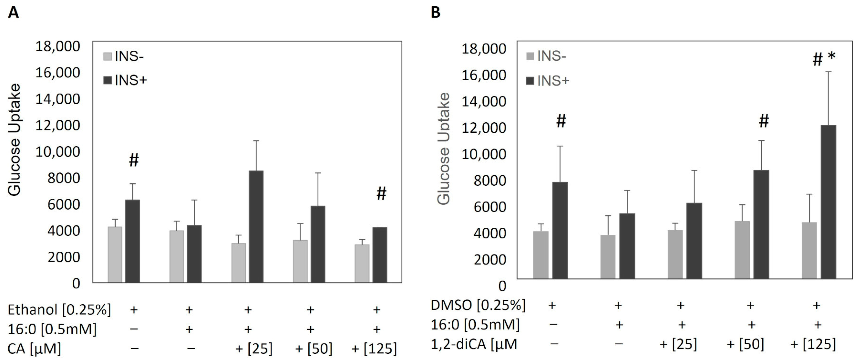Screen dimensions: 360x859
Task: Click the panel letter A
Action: pos(13,13)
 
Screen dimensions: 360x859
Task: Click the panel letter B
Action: pos(436,13)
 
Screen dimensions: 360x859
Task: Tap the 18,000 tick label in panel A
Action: pos(58,46)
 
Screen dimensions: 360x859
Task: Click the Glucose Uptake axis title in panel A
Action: pos(15,140)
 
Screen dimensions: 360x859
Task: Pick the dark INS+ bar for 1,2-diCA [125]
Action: pos(828,202)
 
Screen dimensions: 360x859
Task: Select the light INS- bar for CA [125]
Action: pos(362,264)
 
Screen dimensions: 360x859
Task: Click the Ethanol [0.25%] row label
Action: pos(59,310)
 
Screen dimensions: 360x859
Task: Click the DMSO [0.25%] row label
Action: pos(478,305)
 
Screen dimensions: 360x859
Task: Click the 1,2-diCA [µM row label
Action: pos(474,344)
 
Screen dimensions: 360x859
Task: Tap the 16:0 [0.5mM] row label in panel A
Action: pos(52,329)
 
